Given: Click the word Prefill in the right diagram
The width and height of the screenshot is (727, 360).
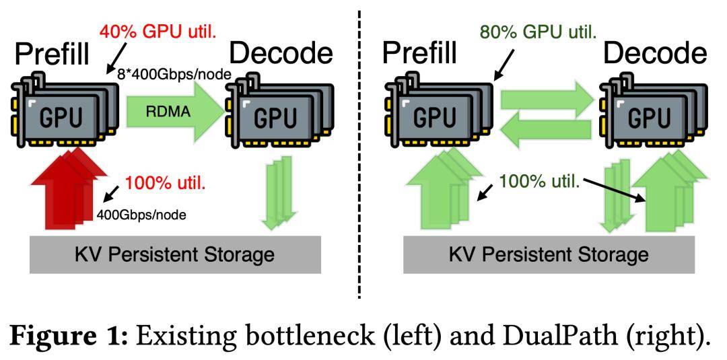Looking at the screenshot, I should [x=419, y=52].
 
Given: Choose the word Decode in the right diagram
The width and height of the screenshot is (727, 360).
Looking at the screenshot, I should [x=655, y=52].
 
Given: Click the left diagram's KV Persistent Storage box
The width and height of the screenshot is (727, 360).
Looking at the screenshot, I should [x=175, y=255].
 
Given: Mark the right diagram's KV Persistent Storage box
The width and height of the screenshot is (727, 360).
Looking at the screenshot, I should [x=549, y=255].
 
